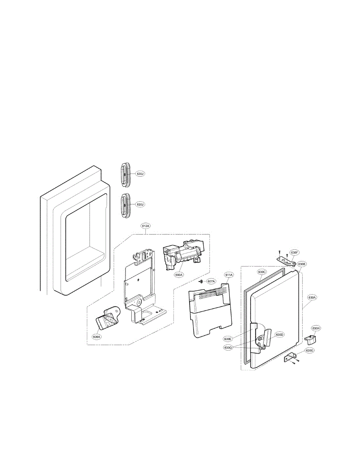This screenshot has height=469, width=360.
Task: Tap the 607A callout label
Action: tap(211, 281)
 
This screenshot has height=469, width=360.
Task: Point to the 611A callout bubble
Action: tap(229, 275)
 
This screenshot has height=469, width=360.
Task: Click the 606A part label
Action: tap(97, 336)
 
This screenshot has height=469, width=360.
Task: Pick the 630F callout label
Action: tap(294, 252)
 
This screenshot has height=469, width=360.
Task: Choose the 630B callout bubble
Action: tap(302, 264)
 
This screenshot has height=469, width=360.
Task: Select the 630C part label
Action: tap(261, 271)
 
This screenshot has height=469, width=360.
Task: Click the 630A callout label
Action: tap(312, 297)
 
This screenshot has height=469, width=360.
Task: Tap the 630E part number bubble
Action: tap(228, 338)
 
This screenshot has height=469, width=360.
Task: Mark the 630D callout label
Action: tap(279, 335)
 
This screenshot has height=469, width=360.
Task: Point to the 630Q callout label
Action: tap(228, 347)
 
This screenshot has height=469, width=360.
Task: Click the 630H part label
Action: tap(316, 328)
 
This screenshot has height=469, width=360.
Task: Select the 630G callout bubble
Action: tap(309, 351)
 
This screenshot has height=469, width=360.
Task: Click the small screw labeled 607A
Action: tap(200, 281)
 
